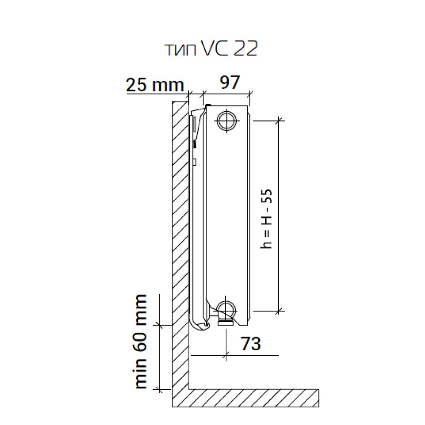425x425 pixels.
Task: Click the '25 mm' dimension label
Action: tap(155, 85)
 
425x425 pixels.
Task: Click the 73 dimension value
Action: tap(250, 343)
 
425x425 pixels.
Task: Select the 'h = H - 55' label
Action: tap(266, 219)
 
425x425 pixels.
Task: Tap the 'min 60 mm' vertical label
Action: tap(141, 342)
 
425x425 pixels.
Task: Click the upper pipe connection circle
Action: tap(227, 121)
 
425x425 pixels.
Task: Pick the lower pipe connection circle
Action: tap(226, 310)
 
